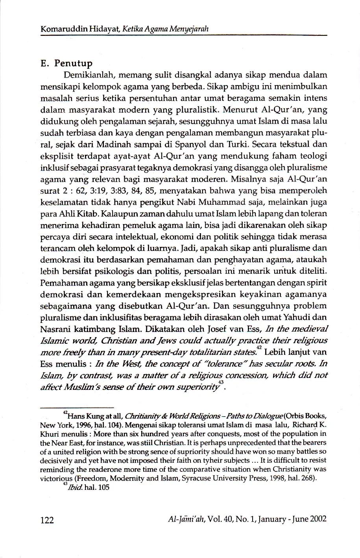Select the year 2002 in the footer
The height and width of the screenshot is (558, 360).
click(x=318, y=519)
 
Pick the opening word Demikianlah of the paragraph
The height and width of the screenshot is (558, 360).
click(x=89, y=75)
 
